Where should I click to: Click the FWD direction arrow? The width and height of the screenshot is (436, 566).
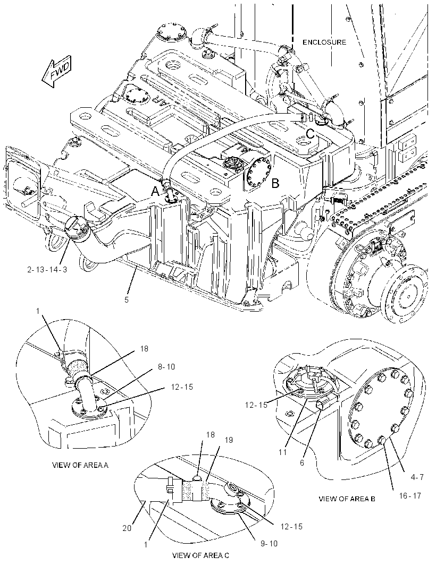tap(57, 72)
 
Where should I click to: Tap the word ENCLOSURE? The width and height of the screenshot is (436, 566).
tap(324, 42)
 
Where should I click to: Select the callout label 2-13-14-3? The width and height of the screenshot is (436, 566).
tap(47, 269)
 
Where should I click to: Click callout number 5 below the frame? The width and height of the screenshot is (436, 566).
tap(127, 299)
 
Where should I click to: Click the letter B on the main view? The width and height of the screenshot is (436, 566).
tap(275, 183)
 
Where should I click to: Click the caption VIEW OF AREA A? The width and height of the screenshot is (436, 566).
tap(80, 465)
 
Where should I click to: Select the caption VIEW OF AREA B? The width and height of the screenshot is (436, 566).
tap(347, 499)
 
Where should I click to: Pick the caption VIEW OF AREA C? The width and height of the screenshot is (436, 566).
tap(200, 555)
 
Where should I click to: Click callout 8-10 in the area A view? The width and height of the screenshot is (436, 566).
tap(165, 367)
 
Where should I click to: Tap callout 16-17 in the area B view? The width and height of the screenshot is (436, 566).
tap(410, 495)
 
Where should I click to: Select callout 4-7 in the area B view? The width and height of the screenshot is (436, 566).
tap(417, 477)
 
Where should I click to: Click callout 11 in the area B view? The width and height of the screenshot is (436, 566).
tap(283, 452)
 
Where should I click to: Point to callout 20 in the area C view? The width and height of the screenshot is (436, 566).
tap(127, 528)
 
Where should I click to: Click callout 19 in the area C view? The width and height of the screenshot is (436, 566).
tap(229, 440)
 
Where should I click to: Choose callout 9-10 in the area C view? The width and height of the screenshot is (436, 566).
tap(269, 543)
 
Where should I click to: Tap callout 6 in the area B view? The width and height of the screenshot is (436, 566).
tap(302, 463)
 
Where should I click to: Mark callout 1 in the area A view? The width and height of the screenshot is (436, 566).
tap(38, 311)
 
